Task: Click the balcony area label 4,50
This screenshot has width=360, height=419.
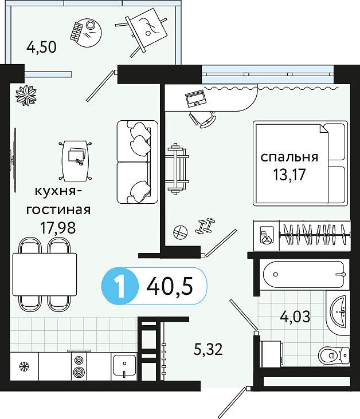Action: click(x=41, y=48)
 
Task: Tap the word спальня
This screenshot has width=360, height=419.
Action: click(x=289, y=157)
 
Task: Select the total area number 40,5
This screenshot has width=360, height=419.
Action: click(x=170, y=286)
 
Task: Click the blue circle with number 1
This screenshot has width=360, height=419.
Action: click(x=120, y=286)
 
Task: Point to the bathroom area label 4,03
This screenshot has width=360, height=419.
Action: click(x=295, y=317)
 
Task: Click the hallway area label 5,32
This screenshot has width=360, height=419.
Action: click(x=208, y=349)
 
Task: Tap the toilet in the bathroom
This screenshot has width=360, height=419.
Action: click(x=334, y=355)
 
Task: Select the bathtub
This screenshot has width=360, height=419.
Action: click(x=303, y=274)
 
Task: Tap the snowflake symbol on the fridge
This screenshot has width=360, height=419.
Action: click(x=24, y=366)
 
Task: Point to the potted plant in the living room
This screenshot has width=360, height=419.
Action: click(x=26, y=95)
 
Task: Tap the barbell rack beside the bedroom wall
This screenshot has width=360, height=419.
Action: click(x=177, y=169)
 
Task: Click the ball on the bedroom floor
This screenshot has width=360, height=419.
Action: click(x=180, y=232)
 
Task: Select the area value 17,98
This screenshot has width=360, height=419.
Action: click(x=58, y=228)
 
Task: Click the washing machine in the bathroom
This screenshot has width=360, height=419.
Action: click(x=272, y=354)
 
